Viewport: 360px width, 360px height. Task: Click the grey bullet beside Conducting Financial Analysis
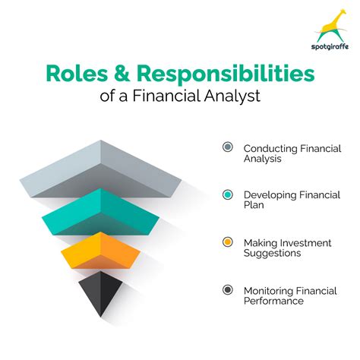click(227, 147)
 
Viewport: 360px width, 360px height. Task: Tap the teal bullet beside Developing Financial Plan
click(227, 194)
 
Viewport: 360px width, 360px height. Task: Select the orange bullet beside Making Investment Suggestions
click(227, 242)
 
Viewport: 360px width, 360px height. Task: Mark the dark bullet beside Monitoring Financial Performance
click(227, 289)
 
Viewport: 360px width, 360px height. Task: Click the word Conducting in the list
click(269, 147)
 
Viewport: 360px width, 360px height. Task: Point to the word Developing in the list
click(269, 195)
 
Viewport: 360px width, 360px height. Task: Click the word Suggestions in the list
click(273, 254)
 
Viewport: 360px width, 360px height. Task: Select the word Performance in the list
click(273, 301)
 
